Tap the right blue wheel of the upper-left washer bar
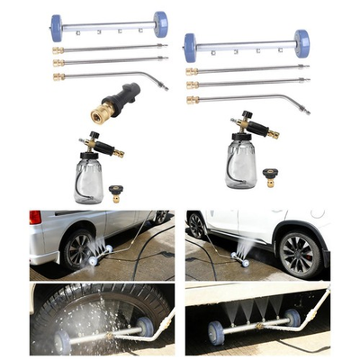click(x=160, y=24)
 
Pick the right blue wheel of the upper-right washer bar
click(x=301, y=43)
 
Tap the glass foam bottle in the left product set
click(x=89, y=177)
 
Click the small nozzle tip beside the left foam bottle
click(x=114, y=191)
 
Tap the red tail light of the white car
click(x=35, y=219)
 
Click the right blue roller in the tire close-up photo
click(x=144, y=327)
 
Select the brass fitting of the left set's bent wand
click(x=58, y=77)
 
